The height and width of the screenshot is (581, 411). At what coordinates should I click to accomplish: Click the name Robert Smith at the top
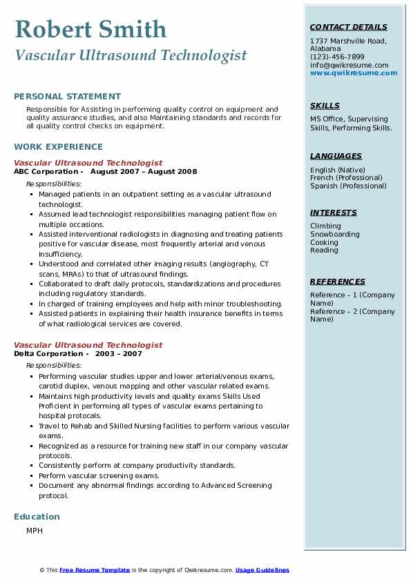[x=90, y=29]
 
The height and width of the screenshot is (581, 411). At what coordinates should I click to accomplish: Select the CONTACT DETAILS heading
[x=348, y=28]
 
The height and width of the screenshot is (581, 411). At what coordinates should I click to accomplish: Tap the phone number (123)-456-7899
[x=337, y=57]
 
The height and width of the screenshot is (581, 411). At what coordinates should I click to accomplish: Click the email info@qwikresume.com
[x=349, y=65]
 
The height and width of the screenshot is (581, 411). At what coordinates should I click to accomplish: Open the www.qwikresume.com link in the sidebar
[x=354, y=72]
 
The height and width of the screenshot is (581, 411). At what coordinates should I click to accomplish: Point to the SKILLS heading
[x=325, y=106]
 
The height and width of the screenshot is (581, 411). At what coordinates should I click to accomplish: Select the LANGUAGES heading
[x=336, y=157]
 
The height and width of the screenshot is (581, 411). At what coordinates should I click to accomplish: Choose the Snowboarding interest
[x=334, y=235]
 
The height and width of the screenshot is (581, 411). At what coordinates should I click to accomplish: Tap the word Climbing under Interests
[x=325, y=226]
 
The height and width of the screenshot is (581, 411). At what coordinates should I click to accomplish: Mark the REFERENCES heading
[x=338, y=282]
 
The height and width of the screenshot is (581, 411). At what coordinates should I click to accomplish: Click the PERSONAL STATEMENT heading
[x=67, y=97]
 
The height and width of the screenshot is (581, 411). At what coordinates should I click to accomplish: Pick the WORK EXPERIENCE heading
[x=58, y=147]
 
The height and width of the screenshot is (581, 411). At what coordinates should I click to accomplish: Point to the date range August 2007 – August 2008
[x=143, y=172]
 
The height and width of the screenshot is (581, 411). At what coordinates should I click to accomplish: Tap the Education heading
[x=37, y=517]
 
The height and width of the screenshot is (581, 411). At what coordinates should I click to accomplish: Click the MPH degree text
[x=35, y=531]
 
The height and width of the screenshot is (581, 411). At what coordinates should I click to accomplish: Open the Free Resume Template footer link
[x=95, y=570]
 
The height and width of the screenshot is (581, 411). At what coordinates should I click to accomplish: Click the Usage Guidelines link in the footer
[x=262, y=570]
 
